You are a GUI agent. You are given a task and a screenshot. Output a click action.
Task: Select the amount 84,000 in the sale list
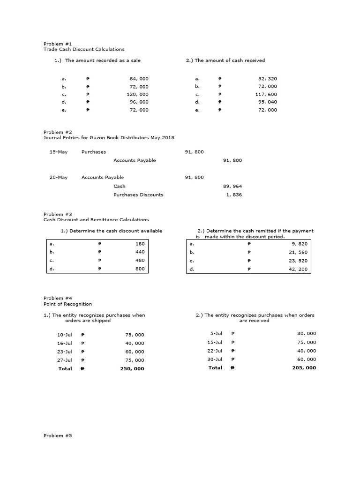tap(139, 79)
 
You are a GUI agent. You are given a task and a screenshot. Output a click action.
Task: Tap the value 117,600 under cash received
tap(266, 94)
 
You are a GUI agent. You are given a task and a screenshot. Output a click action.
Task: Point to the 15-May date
tap(59, 152)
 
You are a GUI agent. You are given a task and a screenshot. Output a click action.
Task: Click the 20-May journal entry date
tap(59, 177)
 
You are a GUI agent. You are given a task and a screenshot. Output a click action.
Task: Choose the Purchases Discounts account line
tap(138, 195)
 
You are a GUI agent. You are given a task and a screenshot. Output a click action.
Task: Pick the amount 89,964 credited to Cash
tap(233, 186)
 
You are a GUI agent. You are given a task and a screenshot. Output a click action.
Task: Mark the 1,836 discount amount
tap(234, 195)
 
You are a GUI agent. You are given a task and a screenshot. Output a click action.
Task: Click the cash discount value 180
tap(140, 244)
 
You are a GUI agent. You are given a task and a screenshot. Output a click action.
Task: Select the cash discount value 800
tap(140, 269)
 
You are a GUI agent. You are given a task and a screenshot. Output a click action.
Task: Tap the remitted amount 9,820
tap(300, 244)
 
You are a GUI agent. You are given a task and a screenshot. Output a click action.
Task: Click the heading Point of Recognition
tap(67, 304)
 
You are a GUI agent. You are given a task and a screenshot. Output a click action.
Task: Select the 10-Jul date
tap(64, 335)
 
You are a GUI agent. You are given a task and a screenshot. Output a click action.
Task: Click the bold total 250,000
tap(132, 368)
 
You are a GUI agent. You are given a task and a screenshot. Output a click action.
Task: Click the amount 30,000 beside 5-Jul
tap(307, 333)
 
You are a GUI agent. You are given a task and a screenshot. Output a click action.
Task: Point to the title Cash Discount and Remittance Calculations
tap(96, 219)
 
